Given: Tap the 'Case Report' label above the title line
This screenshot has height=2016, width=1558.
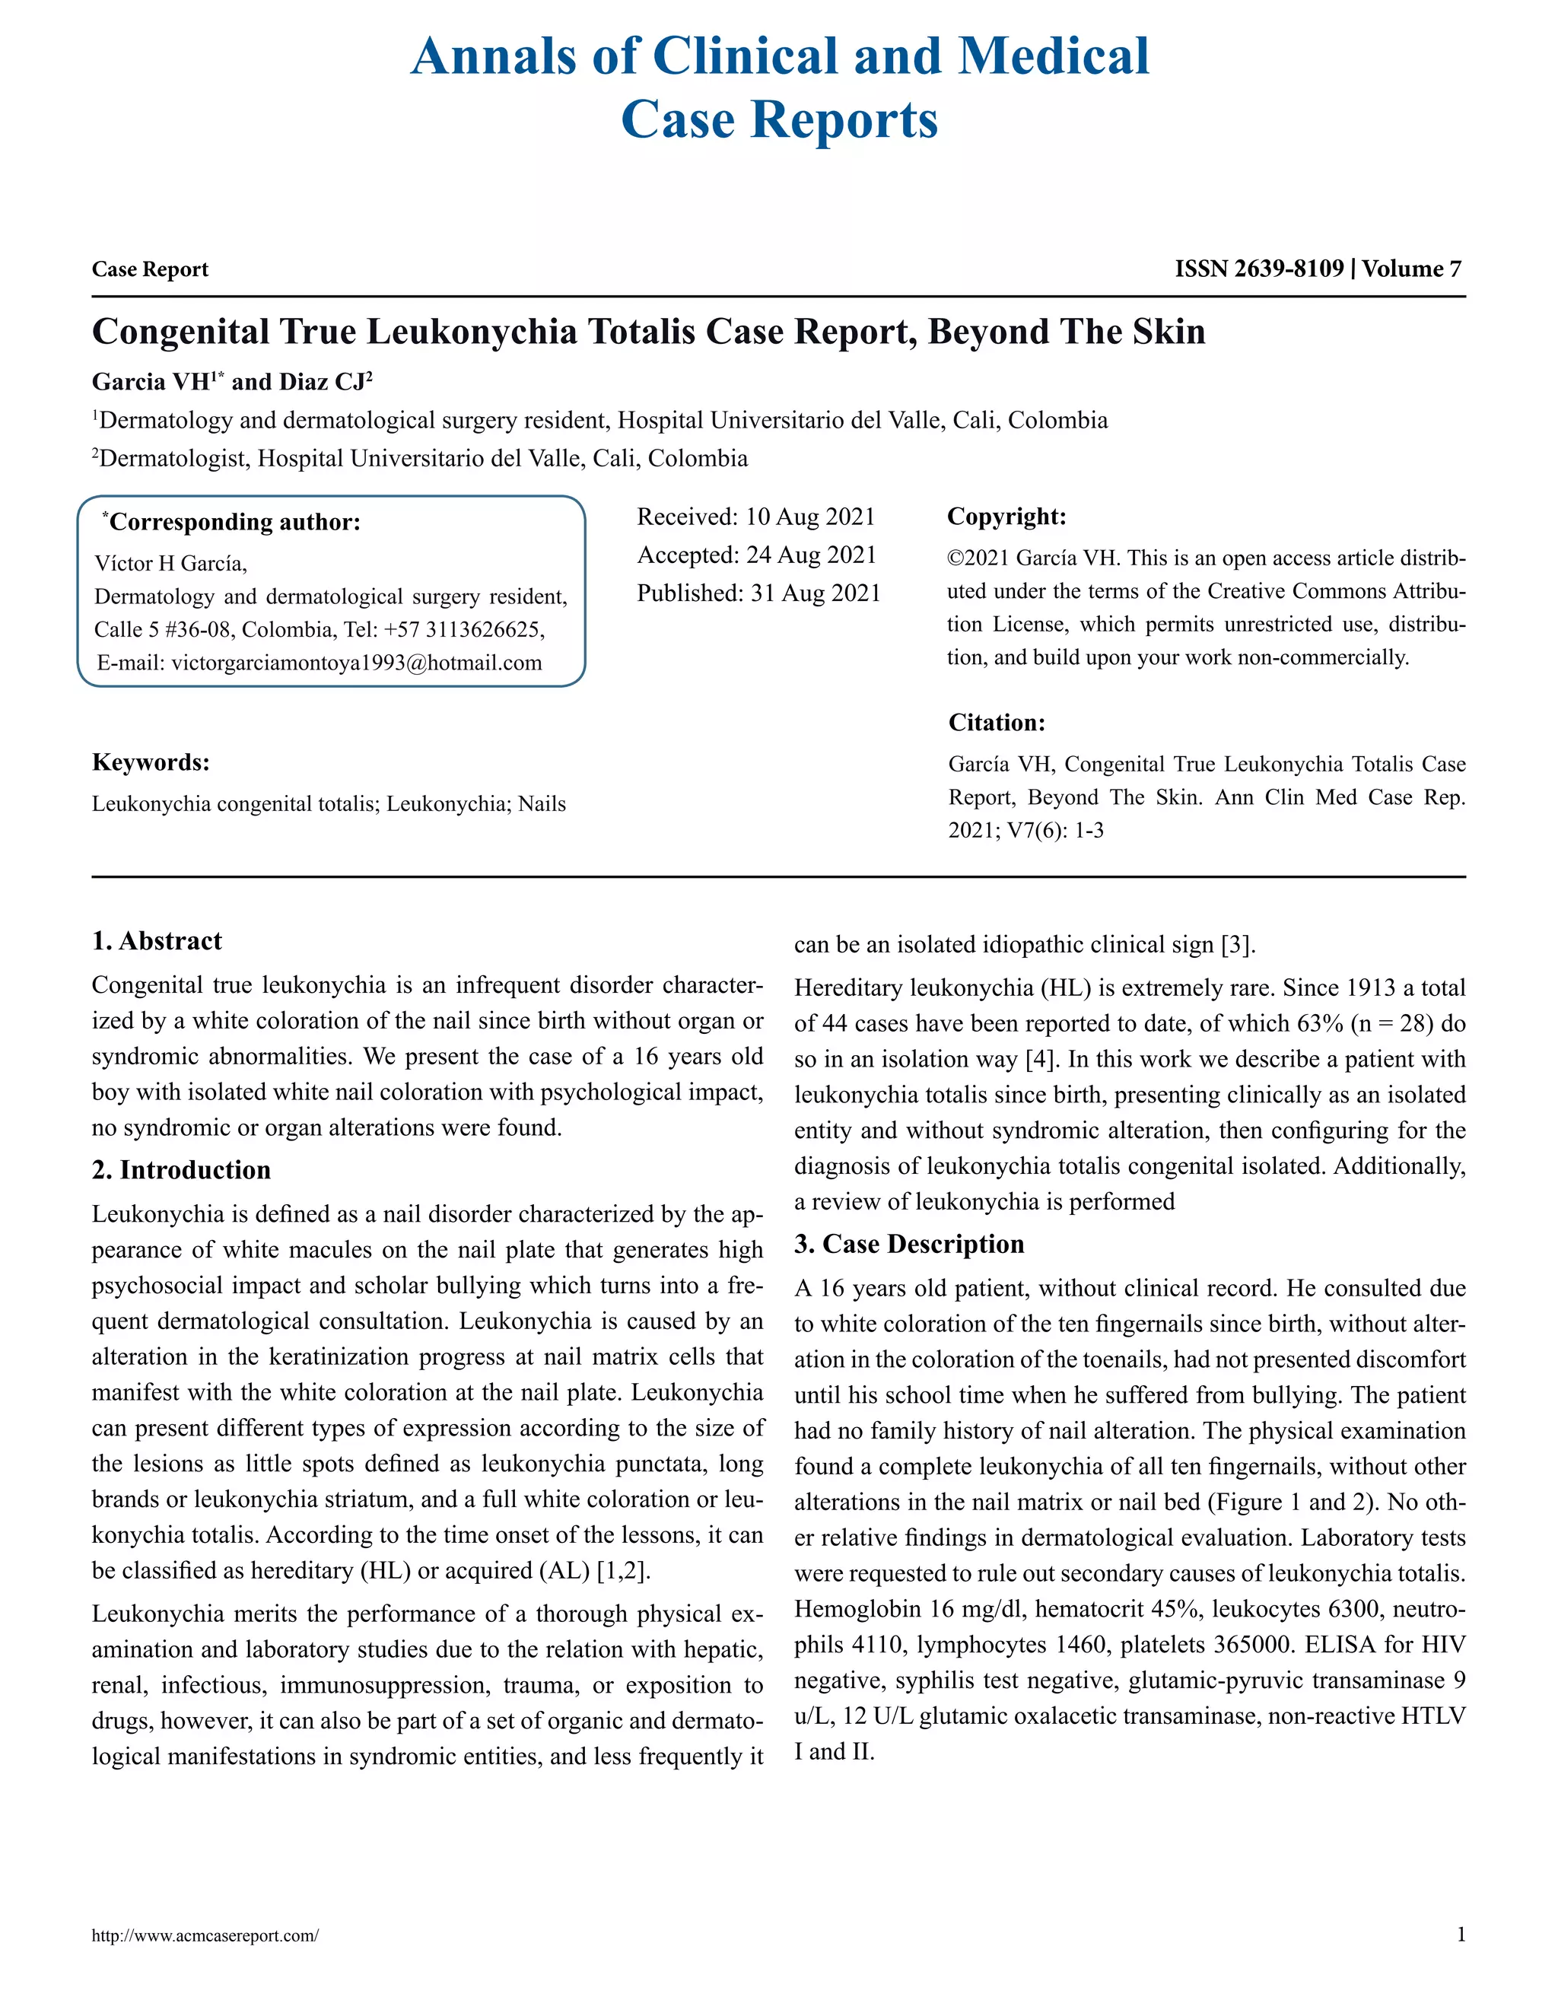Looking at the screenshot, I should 150,269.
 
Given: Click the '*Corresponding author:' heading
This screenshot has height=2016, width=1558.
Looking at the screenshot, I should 233,523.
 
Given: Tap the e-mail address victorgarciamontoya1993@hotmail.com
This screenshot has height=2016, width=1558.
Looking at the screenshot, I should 356,663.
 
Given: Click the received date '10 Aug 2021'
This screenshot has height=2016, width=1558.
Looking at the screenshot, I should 809,517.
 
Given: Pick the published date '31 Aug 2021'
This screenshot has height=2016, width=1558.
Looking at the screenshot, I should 815,593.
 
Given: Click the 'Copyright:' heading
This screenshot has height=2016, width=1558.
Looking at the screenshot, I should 1006,516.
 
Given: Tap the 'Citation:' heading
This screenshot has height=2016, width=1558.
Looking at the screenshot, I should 996,722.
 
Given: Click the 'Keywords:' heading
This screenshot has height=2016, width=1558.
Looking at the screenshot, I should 151,762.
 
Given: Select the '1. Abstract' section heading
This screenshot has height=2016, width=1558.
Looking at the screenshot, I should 157,940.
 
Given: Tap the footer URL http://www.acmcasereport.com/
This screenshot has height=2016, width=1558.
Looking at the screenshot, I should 205,1935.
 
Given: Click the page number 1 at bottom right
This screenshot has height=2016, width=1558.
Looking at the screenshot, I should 1460,1935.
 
